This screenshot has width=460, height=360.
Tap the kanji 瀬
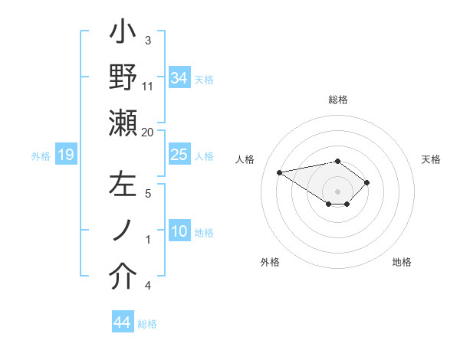coord(123,123)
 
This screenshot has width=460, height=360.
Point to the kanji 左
coord(123,186)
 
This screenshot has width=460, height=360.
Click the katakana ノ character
coord(123,231)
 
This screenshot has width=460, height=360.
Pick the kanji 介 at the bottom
coord(123,277)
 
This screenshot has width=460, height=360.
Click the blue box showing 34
coord(179,77)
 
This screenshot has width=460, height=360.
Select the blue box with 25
coord(179,155)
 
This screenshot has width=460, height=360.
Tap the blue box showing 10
coord(179,231)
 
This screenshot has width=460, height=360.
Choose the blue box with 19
coord(65,155)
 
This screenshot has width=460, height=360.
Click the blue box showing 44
coord(122,322)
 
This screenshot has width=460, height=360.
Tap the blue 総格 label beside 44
coord(147,324)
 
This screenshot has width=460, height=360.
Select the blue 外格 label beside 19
coord(41,156)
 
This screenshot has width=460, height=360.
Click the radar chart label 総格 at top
coord(338,100)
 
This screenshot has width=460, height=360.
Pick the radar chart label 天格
coord(432,159)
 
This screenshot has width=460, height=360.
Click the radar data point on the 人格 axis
coord(280,172)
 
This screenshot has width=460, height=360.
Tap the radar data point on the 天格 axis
coord(367,182)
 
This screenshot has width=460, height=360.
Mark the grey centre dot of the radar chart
coord(338,191)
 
